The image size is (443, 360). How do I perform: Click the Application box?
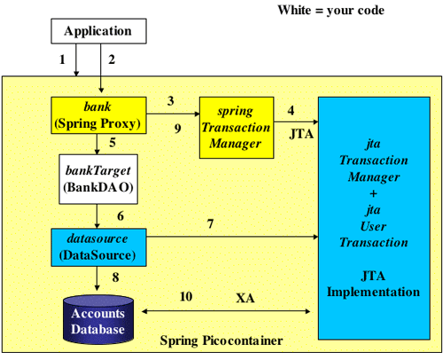98,31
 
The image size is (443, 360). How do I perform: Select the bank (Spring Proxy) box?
98,115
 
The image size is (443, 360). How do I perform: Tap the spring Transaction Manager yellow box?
237,128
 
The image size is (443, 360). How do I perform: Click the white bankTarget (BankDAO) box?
98,179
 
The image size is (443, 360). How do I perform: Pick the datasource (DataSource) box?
98,247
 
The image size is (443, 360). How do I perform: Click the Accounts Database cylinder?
98,319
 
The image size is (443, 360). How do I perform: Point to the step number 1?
62,59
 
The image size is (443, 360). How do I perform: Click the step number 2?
112,59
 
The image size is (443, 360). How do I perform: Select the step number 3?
171,101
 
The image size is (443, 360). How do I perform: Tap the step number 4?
291,111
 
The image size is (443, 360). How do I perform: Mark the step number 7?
210,224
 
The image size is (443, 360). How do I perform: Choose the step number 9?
177,129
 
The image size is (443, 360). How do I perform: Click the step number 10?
186,296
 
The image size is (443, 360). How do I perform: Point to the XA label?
245,298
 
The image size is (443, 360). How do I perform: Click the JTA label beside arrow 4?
301,134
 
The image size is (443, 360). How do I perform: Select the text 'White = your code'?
331,11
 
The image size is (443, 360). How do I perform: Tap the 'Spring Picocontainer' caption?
221,340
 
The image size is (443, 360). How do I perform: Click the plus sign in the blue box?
373,194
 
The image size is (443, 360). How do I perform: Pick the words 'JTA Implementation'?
373,284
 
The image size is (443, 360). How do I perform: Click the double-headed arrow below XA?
226,311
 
